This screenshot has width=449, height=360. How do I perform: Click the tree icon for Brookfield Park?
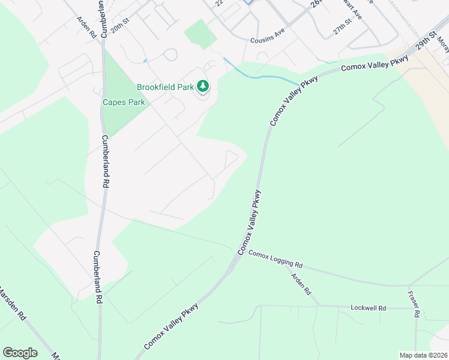(x=203, y=87)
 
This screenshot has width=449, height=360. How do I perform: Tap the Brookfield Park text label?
(x=165, y=87)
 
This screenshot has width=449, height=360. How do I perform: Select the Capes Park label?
(x=124, y=102)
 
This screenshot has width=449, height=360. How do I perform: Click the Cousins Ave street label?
(x=267, y=40)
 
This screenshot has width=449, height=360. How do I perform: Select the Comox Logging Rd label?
(x=276, y=259)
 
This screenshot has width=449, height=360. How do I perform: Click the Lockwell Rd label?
(x=368, y=308)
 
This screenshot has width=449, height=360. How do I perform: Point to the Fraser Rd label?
(x=412, y=304)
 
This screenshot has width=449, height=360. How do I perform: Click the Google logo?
(x=20, y=353)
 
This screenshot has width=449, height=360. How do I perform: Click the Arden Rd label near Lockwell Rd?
(x=301, y=284)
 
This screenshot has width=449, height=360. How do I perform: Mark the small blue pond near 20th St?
(x=145, y=61)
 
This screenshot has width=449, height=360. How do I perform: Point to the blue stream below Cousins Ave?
(x=264, y=77)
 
